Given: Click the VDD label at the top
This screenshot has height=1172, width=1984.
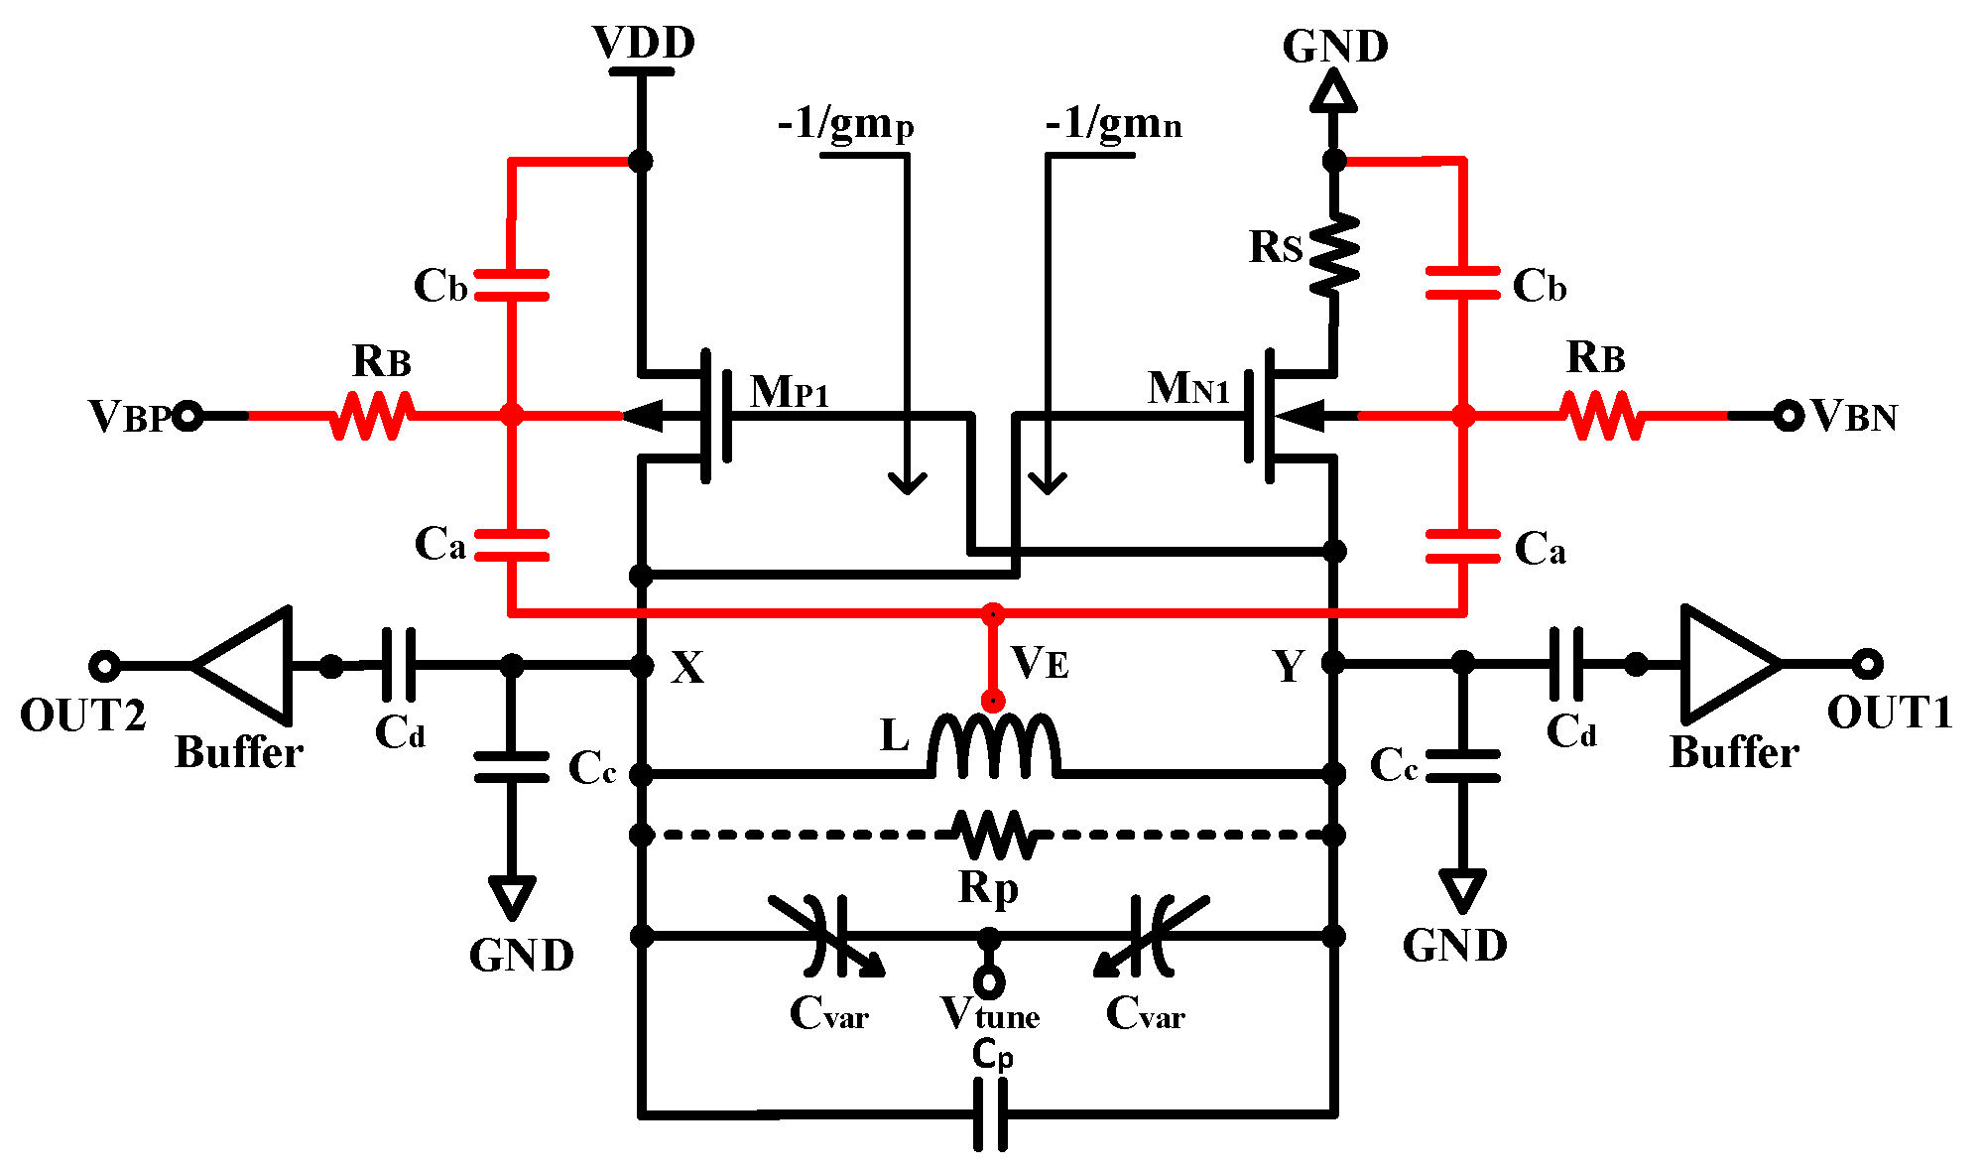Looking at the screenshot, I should click(643, 43).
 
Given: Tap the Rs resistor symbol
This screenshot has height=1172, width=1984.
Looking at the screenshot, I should click(1334, 255).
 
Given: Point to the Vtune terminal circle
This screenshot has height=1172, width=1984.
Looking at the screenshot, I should click(989, 982).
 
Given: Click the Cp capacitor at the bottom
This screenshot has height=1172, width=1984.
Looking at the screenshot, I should click(990, 1113).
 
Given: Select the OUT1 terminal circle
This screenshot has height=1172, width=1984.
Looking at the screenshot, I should click(1866, 664).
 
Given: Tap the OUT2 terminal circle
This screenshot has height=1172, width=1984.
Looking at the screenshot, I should click(104, 665).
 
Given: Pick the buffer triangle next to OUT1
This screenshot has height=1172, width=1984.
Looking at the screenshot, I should click(1724, 664).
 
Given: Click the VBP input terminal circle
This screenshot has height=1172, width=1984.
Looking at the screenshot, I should click(187, 416).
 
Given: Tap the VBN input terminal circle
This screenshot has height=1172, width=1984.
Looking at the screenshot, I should click(1788, 416).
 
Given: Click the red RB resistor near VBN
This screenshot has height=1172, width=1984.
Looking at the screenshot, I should click(1602, 416).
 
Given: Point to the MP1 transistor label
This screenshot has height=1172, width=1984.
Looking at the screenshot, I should click(789, 392).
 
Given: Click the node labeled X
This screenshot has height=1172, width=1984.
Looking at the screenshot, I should click(642, 665).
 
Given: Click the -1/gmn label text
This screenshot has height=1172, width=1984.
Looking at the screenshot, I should click(1112, 124).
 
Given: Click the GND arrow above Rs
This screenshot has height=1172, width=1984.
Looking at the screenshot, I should click(1334, 92).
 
